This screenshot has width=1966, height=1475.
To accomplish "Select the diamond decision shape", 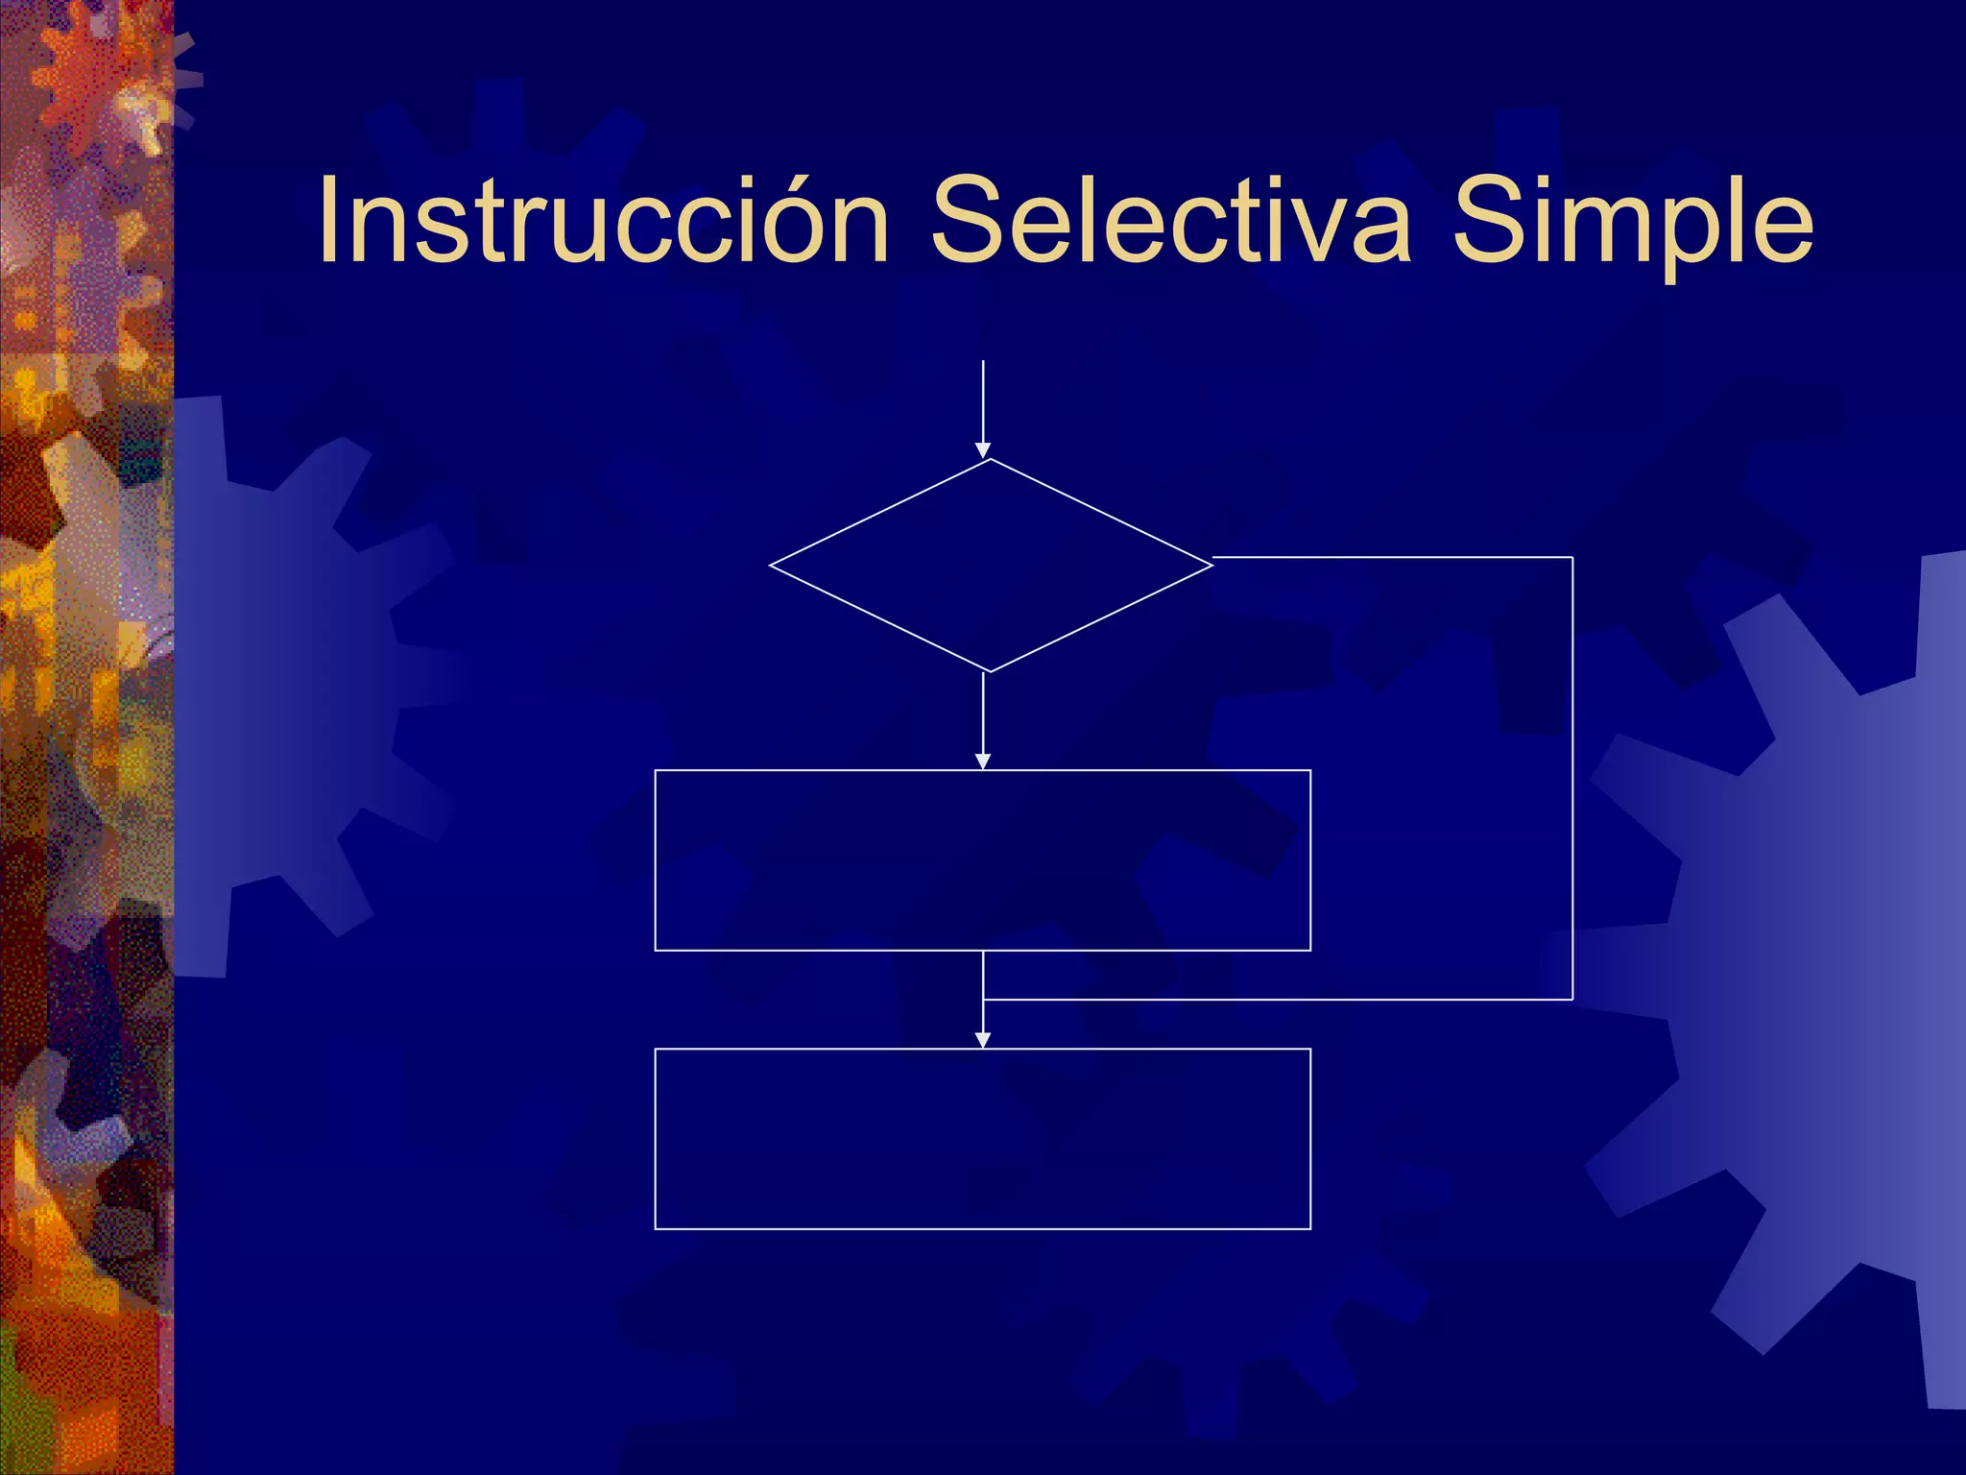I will click(x=991, y=566).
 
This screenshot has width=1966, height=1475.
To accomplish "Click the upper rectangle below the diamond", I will click(x=982, y=859).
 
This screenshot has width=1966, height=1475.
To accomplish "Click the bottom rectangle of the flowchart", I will click(x=982, y=1139).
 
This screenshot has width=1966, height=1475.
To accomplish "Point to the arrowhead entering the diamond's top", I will click(x=983, y=450).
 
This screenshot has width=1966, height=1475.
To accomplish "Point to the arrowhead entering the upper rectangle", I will click(x=983, y=762).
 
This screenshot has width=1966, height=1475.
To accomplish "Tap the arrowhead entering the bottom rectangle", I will click(x=983, y=1040).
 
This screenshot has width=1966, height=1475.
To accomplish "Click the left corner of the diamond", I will click(x=771, y=566).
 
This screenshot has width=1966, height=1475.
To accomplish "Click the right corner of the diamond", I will click(x=1211, y=565).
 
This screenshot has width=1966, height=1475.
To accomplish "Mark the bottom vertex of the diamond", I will click(x=990, y=671).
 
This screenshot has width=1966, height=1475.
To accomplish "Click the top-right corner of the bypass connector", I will click(x=1572, y=557).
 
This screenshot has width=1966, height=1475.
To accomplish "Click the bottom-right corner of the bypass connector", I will click(x=1572, y=1000).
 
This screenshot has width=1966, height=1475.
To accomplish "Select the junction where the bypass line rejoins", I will click(x=984, y=1000).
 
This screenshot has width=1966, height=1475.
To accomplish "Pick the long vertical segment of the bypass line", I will click(x=1572, y=778).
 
